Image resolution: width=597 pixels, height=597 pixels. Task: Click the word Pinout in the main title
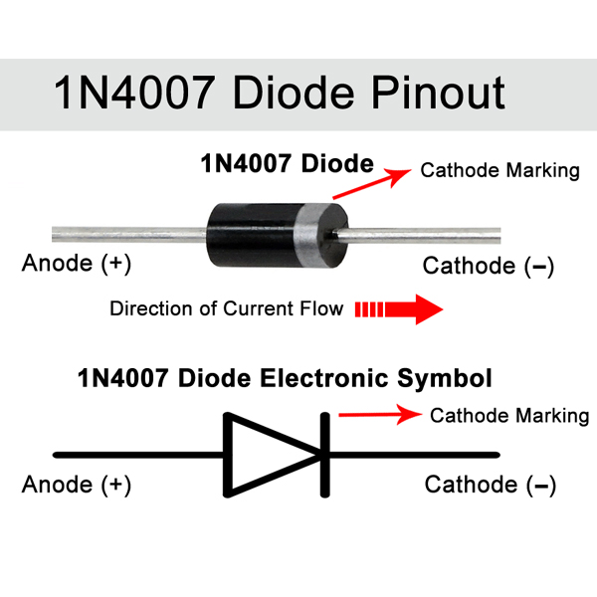click(x=438, y=93)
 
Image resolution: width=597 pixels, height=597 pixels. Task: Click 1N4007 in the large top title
click(x=134, y=93)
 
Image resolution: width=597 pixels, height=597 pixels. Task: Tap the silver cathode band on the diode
click(x=307, y=235)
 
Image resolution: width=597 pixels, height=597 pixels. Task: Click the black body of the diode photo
click(x=252, y=235)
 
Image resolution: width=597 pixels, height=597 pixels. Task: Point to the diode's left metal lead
click(x=129, y=234)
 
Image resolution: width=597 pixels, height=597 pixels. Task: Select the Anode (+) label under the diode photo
click(x=77, y=263)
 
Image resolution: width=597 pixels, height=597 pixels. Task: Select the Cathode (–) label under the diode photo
click(x=489, y=266)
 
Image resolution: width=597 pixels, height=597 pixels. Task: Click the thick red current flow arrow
click(x=399, y=309)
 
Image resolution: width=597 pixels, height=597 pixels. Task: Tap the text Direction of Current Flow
click(x=227, y=308)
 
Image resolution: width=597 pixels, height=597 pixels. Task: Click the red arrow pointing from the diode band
click(x=372, y=183)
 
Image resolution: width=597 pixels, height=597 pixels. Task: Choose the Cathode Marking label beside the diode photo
click(x=499, y=170)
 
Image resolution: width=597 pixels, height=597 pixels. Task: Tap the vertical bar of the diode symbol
click(x=324, y=455)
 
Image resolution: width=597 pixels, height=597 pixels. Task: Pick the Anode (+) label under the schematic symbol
click(x=77, y=485)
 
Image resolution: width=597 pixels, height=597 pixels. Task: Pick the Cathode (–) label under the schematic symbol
click(x=491, y=485)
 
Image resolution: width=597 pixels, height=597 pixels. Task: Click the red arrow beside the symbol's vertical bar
click(x=380, y=414)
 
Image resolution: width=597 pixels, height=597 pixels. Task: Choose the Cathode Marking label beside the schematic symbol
click(x=509, y=415)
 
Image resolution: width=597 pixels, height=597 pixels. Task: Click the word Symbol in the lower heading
click(x=445, y=379)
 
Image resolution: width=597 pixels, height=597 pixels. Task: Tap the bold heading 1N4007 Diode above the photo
click(x=288, y=164)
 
